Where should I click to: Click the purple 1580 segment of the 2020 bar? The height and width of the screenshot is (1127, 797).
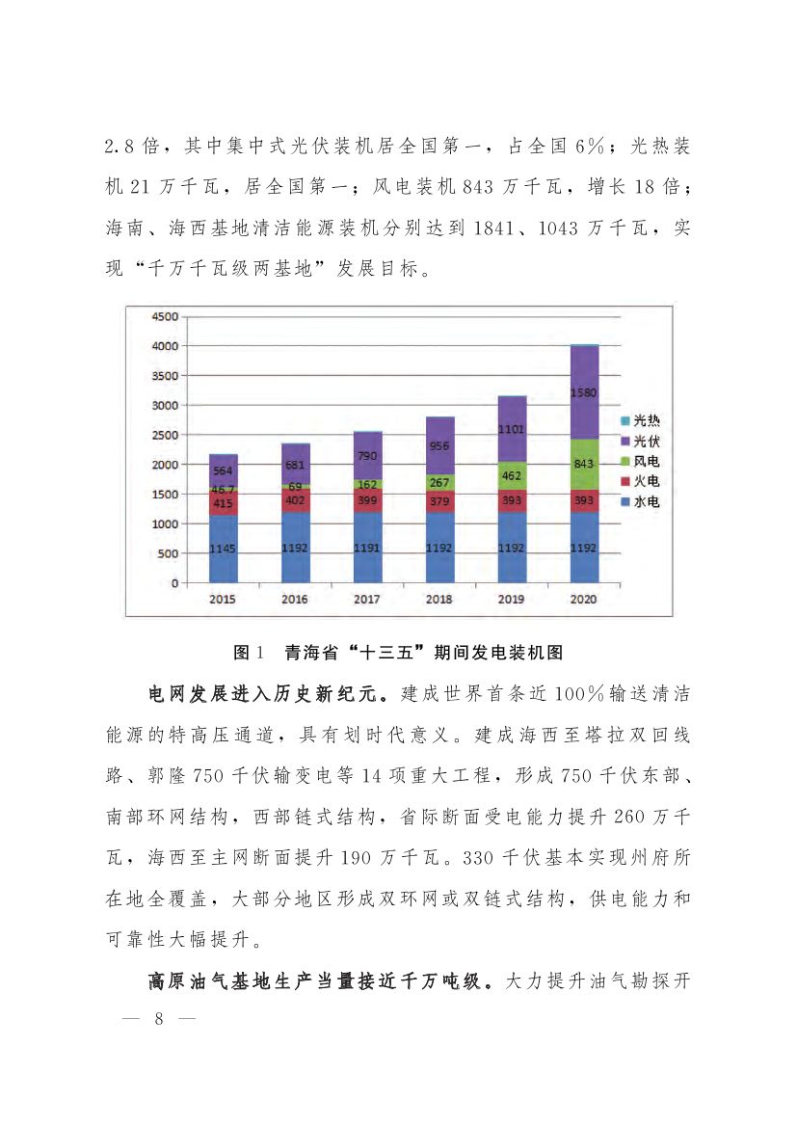coord(584,392)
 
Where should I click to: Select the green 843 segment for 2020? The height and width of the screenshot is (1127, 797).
coord(584,464)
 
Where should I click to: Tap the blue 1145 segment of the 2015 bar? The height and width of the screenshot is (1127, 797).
coord(223,549)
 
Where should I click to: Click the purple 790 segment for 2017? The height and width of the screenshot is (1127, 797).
coord(367,455)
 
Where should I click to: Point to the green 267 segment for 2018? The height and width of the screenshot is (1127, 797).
coord(439,482)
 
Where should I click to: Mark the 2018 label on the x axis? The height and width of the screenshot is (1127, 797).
coord(439,600)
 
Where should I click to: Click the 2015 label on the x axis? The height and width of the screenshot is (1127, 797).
coord(223,600)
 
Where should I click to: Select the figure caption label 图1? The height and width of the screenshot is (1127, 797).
coord(249,653)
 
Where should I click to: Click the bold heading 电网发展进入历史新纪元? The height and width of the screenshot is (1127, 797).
coord(267,694)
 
